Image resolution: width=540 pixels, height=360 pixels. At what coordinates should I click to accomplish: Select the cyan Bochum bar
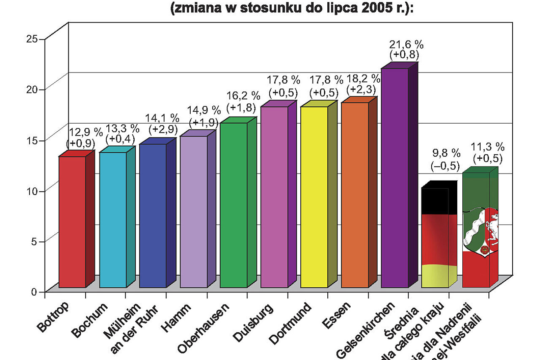113,220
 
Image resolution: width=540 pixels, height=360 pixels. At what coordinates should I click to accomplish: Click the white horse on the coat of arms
492,228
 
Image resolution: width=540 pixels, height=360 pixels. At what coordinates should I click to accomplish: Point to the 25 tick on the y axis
32,39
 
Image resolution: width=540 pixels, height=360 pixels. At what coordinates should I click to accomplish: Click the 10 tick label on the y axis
32,191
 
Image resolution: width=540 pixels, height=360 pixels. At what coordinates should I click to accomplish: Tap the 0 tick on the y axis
34,292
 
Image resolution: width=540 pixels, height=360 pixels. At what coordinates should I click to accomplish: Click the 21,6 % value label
406,44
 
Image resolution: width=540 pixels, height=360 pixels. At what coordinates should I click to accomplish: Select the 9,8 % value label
446,153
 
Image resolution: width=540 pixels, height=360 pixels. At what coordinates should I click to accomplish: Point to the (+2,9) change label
163,129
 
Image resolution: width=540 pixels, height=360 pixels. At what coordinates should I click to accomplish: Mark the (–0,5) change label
445,166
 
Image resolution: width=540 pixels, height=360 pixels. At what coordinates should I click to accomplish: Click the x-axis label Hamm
176,318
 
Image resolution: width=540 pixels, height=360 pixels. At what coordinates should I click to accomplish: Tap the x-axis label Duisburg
253,322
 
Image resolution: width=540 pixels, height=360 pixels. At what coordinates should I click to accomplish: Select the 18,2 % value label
363,78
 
